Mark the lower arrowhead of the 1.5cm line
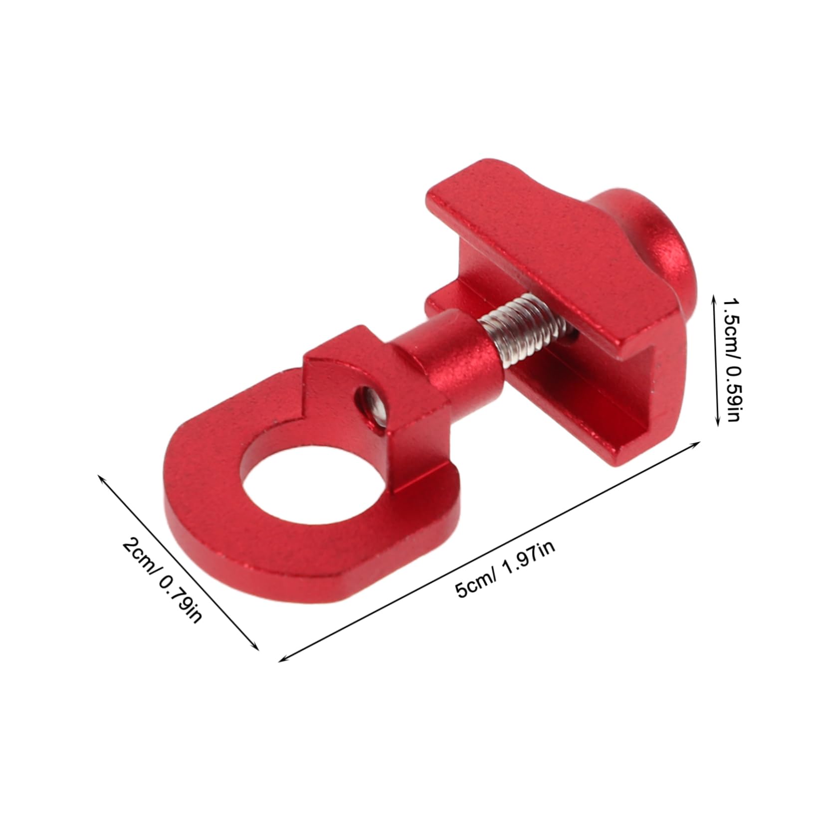(x=717, y=424)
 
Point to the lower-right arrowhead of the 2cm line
(x=257, y=648)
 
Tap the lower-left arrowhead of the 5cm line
(x=282, y=660)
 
